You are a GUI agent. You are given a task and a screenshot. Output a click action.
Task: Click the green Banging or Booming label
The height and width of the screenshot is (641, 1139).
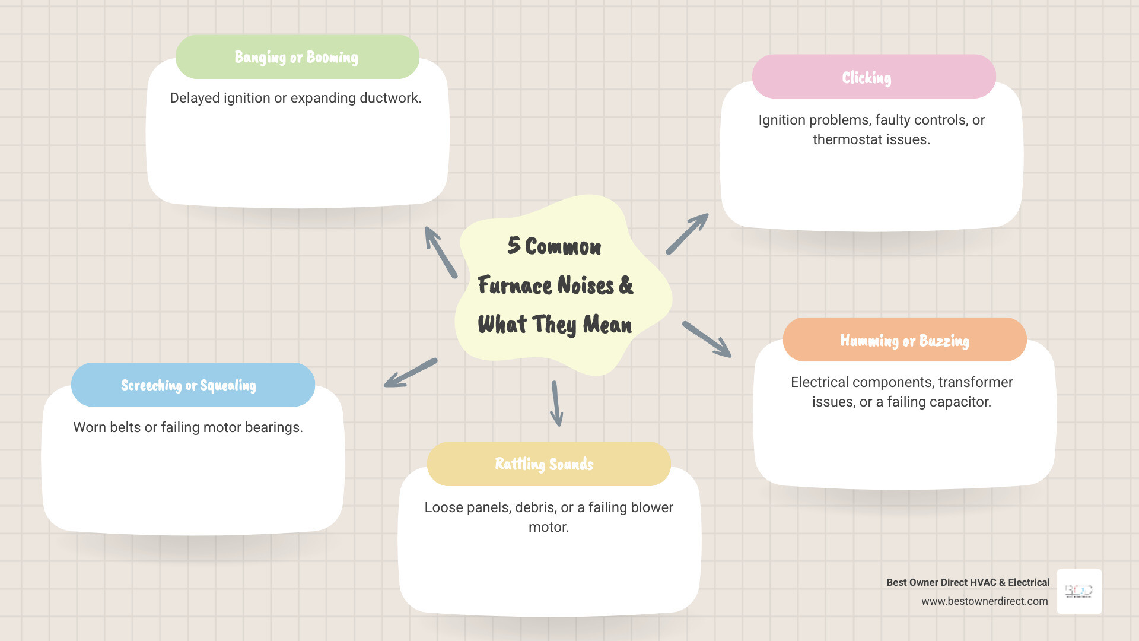pyautogui.click(x=297, y=57)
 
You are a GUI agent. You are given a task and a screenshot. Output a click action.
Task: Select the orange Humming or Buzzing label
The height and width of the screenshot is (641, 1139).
pyautogui.click(x=904, y=340)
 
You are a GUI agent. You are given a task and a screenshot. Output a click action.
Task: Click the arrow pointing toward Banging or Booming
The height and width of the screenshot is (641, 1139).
pyautogui.click(x=441, y=252)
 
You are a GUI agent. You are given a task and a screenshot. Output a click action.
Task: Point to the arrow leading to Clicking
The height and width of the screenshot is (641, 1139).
pyautogui.click(x=687, y=234)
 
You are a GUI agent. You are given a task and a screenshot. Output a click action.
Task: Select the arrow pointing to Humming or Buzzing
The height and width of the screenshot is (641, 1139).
pyautogui.click(x=707, y=339)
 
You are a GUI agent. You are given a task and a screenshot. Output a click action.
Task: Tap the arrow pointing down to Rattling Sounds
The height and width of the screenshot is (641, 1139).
pyautogui.click(x=556, y=404)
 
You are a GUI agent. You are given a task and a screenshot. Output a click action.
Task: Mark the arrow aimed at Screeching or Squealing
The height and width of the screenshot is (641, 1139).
pyautogui.click(x=411, y=373)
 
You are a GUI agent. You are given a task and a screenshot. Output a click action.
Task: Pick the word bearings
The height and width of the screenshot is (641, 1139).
pyautogui.click(x=275, y=427)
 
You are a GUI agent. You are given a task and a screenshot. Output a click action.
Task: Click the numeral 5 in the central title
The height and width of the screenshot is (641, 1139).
pyautogui.click(x=514, y=246)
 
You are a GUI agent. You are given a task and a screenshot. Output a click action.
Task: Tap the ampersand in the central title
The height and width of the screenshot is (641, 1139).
pyautogui.click(x=626, y=285)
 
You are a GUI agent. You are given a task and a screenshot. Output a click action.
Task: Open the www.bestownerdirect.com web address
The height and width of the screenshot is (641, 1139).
pyautogui.click(x=984, y=601)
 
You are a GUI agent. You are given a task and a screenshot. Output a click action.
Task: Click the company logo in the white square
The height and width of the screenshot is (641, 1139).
pyautogui.click(x=1079, y=591)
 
